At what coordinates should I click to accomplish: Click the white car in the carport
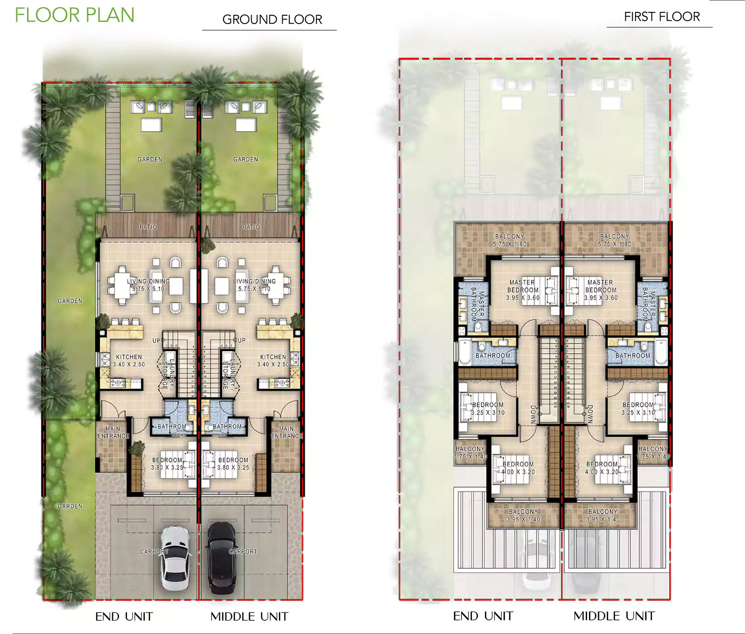tap(175, 557)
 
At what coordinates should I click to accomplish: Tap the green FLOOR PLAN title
tap(75, 15)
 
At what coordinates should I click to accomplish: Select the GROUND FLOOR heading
tap(272, 19)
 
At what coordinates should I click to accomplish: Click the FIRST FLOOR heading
tap(661, 17)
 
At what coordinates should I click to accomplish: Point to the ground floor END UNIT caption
tap(124, 617)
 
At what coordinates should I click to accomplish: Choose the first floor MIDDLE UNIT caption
tap(614, 616)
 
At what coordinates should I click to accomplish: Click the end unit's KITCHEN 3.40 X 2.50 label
tap(129, 360)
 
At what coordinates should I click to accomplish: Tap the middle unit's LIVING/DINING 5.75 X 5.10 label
tap(254, 285)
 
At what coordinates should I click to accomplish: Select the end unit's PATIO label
tap(148, 227)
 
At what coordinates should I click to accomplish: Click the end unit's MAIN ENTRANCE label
tap(113, 432)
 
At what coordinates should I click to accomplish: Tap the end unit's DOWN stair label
tap(533, 414)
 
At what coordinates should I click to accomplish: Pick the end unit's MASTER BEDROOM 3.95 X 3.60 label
tap(522, 290)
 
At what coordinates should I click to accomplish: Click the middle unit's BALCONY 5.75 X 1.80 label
tap(614, 240)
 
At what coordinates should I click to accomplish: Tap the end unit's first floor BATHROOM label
tap(493, 355)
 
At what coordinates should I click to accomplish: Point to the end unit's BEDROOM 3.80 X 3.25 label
tap(167, 463)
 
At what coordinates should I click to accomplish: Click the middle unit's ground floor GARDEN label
tap(245, 159)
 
